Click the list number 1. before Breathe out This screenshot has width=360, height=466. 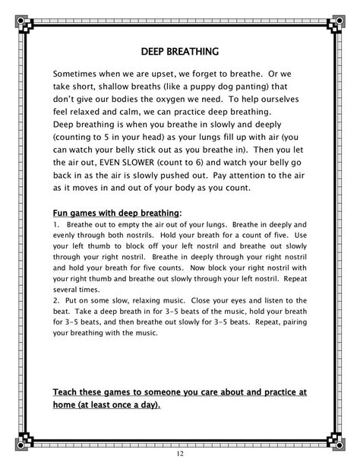56,225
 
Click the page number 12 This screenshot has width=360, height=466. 179,454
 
